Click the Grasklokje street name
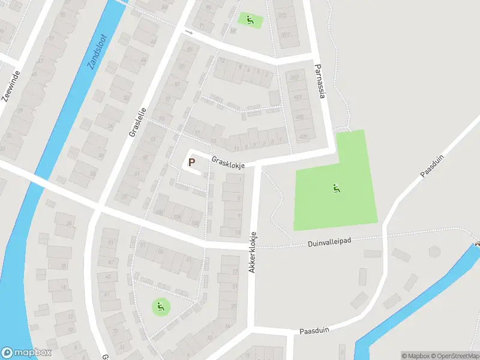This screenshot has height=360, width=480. [227, 163]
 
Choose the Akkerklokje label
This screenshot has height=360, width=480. [254, 253]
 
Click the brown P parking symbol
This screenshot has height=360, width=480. [192, 161]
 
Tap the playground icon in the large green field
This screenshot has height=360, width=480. [337, 188]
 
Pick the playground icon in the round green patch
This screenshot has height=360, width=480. [160, 307]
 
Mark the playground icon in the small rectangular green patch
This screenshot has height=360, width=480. [250, 19]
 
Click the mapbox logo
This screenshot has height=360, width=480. [26, 353]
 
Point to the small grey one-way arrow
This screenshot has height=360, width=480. [188, 32]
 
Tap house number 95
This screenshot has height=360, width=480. [209, 7]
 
